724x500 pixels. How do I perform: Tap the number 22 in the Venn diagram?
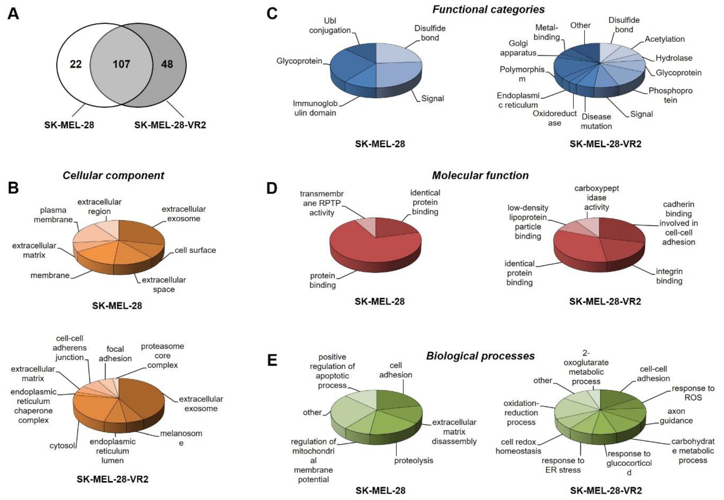click(x=75, y=64)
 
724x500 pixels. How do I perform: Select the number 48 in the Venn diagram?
click(x=167, y=64)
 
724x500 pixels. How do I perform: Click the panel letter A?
click(x=13, y=14)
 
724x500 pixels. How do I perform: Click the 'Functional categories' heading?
click(x=488, y=9)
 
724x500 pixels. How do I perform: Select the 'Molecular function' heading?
click(x=480, y=176)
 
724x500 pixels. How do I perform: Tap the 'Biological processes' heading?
click(x=480, y=356)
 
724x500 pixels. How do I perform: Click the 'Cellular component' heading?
click(x=113, y=176)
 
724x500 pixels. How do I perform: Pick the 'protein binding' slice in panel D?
click(x=370, y=251)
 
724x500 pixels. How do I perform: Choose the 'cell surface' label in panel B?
click(x=195, y=250)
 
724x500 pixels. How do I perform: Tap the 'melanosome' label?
click(x=181, y=438)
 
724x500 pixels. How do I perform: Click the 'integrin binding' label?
click(x=669, y=276)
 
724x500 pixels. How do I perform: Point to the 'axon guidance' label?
click(x=676, y=416)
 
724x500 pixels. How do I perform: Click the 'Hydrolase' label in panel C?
click(x=674, y=58)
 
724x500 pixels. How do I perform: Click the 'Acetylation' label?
click(x=664, y=39)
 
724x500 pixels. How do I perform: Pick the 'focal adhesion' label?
click(x=115, y=354)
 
